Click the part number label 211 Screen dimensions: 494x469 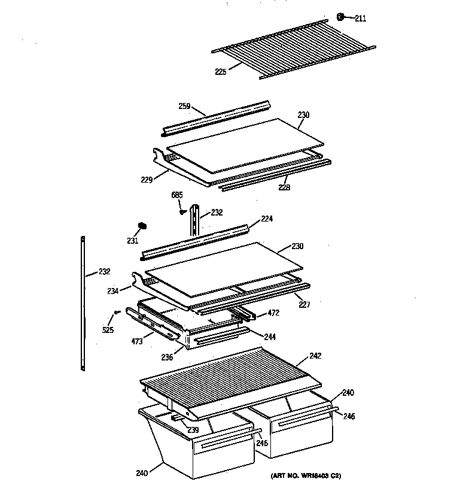point(360,19)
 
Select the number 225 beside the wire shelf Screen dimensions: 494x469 point(221,72)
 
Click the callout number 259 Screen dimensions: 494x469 point(184,106)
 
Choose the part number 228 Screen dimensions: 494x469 point(284,187)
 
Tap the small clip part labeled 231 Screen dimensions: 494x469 point(143,225)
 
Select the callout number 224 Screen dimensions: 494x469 point(266,219)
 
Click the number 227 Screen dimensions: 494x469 point(305,304)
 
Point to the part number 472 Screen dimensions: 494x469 point(273,313)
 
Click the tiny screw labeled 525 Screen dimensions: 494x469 point(117,312)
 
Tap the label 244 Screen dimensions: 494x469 point(271,336)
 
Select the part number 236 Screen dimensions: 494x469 point(167,357)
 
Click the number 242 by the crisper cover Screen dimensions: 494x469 point(315,356)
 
